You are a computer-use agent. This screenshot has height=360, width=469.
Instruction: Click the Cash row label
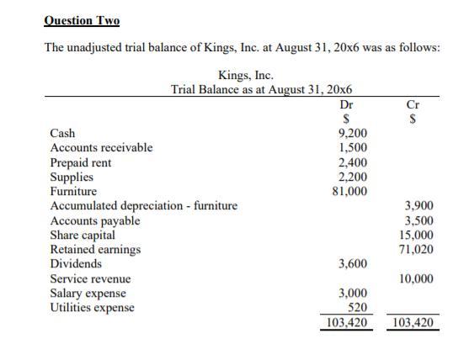pyautogui.click(x=63, y=133)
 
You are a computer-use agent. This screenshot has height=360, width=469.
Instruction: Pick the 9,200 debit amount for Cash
pyautogui.click(x=350, y=133)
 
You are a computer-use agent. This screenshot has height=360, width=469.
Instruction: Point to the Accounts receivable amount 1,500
pyautogui.click(x=350, y=148)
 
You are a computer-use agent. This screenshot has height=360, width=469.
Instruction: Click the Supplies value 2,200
pyautogui.click(x=350, y=177)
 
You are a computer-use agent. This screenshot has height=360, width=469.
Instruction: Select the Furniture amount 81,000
pyautogui.click(x=348, y=192)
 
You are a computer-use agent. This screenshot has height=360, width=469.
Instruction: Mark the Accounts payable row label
pyautogui.click(x=95, y=220)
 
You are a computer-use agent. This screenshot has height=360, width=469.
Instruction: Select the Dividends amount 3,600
pyautogui.click(x=350, y=264)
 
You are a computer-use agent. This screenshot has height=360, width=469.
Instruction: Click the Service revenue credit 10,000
pyautogui.click(x=416, y=278)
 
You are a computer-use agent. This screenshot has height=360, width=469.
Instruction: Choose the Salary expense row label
pyautogui.click(x=88, y=293)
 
